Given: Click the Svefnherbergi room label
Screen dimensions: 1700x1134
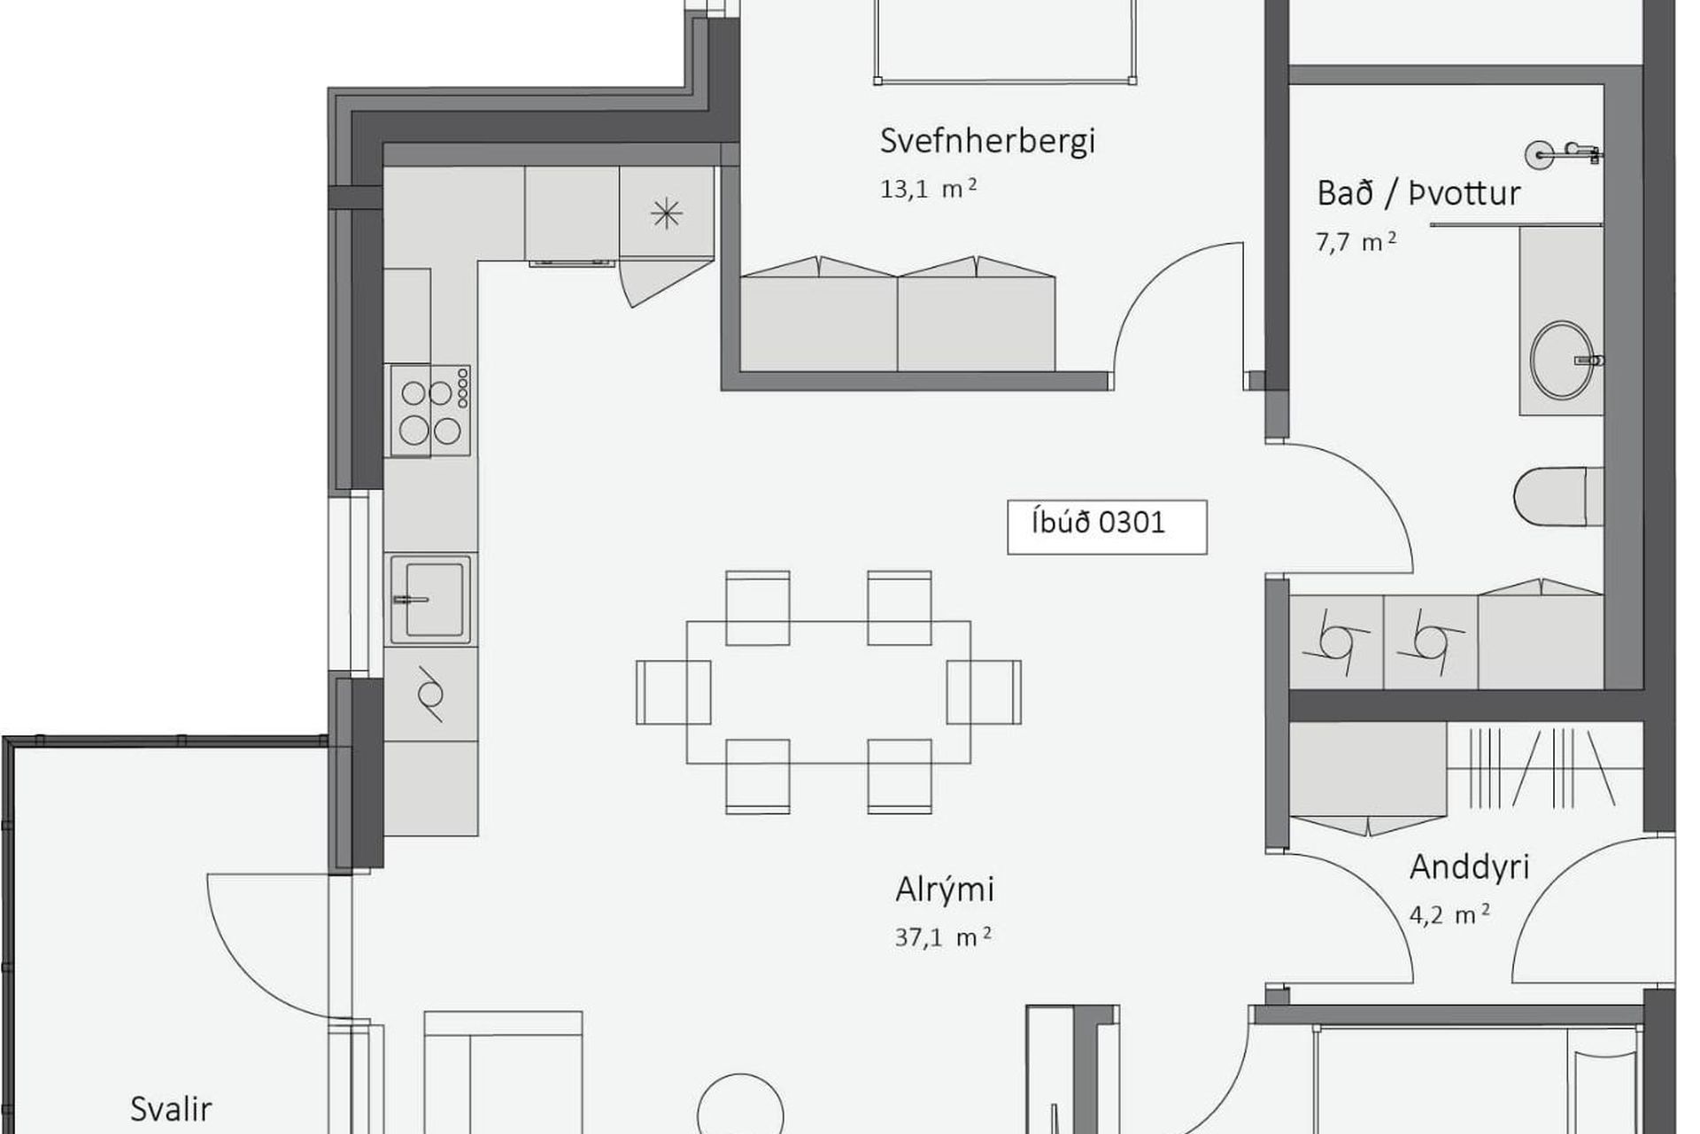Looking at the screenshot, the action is pos(987,142).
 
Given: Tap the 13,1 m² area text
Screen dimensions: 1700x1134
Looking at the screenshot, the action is pos(929,189).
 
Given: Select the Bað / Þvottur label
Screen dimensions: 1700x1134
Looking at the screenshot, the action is pos(1418,193).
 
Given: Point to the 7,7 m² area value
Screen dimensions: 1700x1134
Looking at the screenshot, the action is pos(1356,242).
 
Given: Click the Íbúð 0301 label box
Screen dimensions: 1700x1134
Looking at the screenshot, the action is pos(1107,527).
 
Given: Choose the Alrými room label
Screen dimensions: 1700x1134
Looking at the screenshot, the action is pos(945,889).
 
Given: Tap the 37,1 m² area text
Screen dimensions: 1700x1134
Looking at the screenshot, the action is pos(943,937).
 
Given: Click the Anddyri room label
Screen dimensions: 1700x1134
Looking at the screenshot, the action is pos(1470,867).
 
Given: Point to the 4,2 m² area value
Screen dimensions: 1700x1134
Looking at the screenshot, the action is pos(1449,914).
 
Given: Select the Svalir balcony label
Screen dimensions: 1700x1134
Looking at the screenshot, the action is pos(171,1109).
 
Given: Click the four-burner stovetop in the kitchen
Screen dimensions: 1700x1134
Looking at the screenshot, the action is pos(430,411).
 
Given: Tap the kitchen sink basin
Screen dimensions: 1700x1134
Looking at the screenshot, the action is pos(430,599).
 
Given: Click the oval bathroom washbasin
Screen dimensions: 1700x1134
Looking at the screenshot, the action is pos(1562,360).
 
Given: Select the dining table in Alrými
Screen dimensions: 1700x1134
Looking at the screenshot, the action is pos(828,692).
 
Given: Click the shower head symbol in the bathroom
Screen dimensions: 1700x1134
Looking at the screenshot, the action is pos(1564,154).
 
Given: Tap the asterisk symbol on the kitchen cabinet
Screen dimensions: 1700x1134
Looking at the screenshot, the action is pos(667,214).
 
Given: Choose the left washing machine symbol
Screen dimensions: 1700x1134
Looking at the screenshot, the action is pos(1336,641).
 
